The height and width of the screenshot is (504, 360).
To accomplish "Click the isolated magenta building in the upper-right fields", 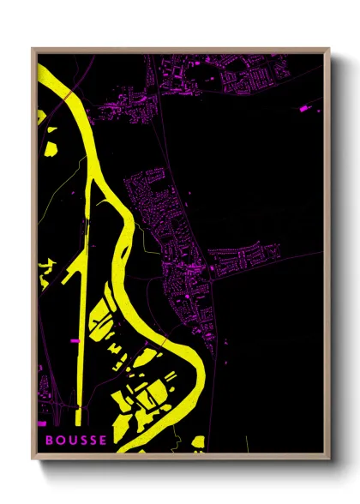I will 304,109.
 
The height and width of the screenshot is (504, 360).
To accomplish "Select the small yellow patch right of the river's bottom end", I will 198,441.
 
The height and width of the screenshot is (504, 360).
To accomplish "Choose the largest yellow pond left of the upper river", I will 51,147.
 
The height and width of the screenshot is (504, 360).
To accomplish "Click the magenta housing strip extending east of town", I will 253,255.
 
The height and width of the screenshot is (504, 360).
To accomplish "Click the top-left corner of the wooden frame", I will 33,49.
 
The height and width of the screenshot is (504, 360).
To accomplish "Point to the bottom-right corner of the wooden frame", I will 329,458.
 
